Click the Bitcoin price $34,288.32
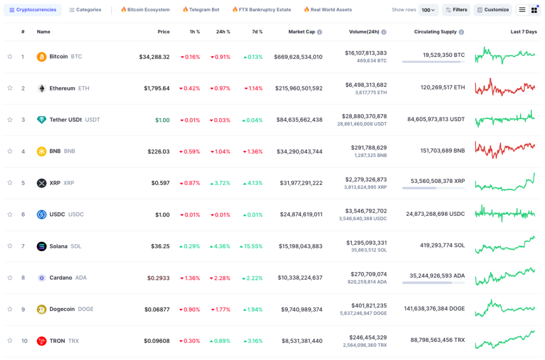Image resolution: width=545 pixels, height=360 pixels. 154,57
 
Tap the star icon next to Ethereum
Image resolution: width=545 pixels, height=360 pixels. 10,88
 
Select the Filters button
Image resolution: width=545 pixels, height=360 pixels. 456,10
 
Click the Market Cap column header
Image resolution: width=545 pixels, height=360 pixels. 302,32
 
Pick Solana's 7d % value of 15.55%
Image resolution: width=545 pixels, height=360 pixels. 251,246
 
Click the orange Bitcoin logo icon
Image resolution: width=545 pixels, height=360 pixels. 42,56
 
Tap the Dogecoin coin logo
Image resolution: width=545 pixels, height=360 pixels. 42,309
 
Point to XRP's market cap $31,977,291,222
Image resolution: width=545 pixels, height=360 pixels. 301,183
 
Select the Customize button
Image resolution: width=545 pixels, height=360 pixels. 492,10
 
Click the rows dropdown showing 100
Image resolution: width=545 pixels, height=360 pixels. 428,10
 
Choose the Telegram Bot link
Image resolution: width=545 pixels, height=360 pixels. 201,10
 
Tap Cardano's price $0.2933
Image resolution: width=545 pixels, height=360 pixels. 159,278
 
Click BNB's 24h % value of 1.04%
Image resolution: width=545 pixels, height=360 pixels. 220,152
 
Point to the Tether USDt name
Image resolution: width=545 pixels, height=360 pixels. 65,120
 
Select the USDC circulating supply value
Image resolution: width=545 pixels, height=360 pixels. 435,214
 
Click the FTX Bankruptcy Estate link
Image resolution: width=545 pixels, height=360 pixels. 261,10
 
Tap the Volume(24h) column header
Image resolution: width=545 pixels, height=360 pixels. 364,32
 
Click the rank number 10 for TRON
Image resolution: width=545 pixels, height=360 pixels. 24,341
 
